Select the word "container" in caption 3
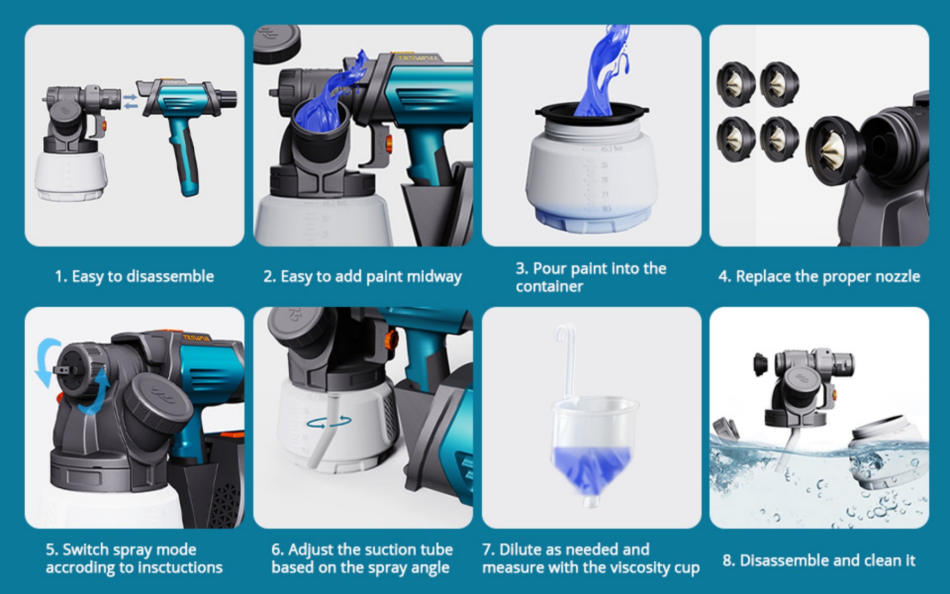pos(549,287)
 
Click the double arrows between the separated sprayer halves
pos(130,101)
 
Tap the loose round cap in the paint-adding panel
pos(277,42)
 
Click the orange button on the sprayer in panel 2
pos(389,143)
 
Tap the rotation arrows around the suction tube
pos(329,422)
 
